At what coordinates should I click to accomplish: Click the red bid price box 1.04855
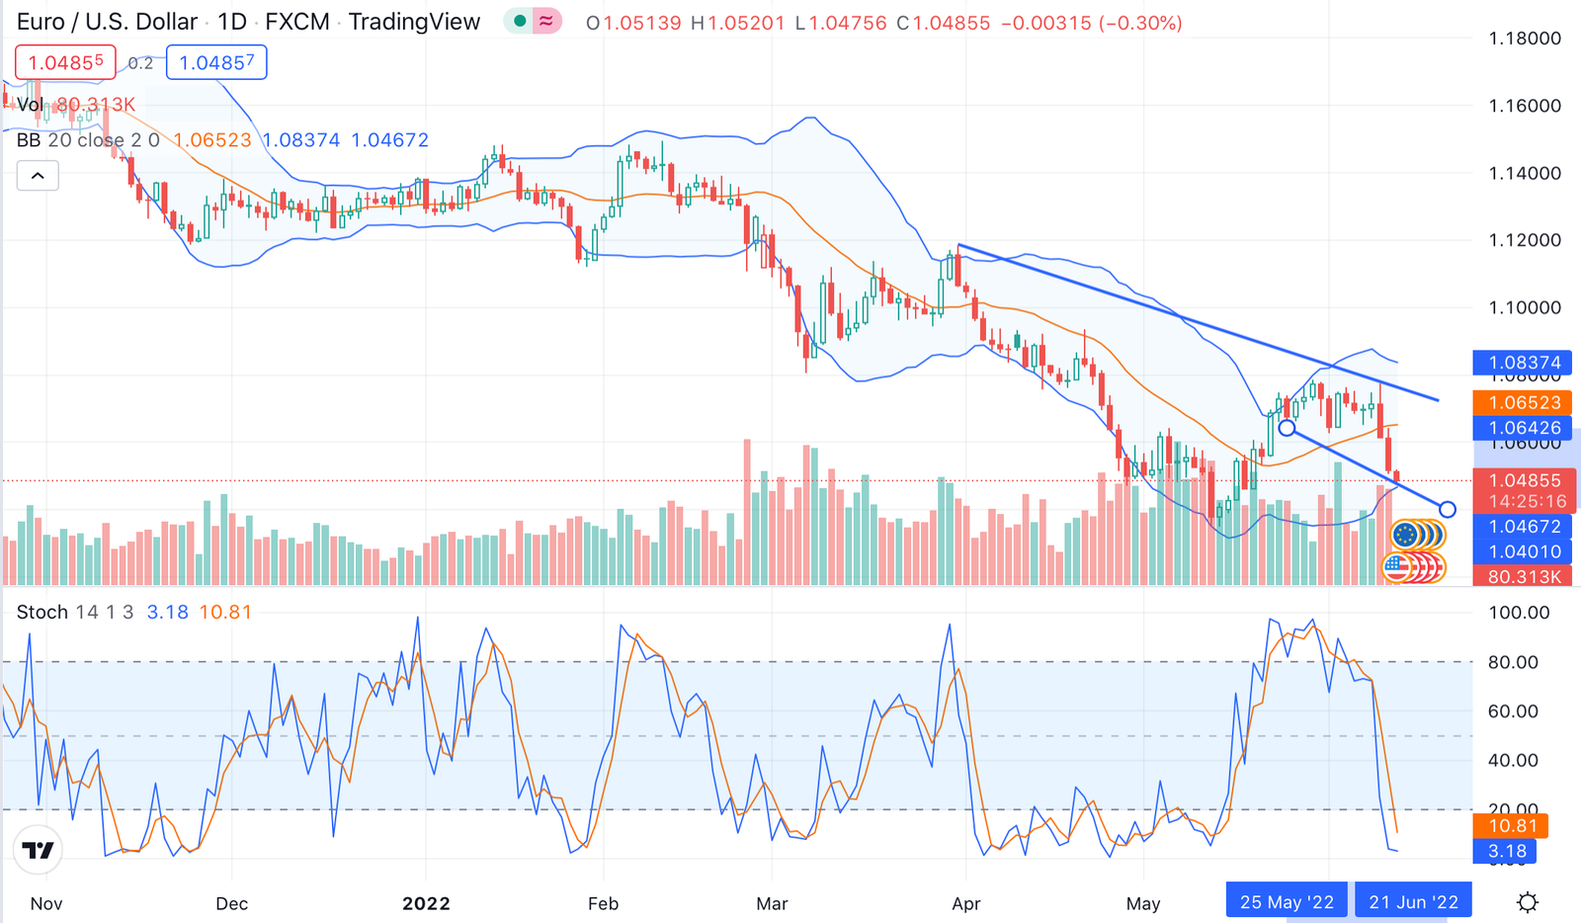pos(65,63)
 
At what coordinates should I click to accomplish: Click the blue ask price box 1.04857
pos(216,63)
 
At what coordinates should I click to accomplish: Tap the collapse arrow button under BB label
pos(38,176)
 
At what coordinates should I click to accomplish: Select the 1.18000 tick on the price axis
pos(1525,39)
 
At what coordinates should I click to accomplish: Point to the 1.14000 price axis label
pos(1525,173)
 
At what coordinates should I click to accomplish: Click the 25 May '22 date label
pos(1287,902)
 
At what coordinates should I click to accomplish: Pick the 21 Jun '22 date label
pos(1413,902)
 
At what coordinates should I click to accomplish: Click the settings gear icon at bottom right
pos(1528,902)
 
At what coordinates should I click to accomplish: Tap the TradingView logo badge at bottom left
pos(39,850)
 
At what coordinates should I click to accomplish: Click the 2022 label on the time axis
pos(426,903)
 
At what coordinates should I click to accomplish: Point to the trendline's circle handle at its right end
pos(1448,510)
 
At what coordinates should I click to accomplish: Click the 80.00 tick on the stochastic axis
pos(1513,662)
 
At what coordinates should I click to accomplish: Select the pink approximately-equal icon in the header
pos(546,21)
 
